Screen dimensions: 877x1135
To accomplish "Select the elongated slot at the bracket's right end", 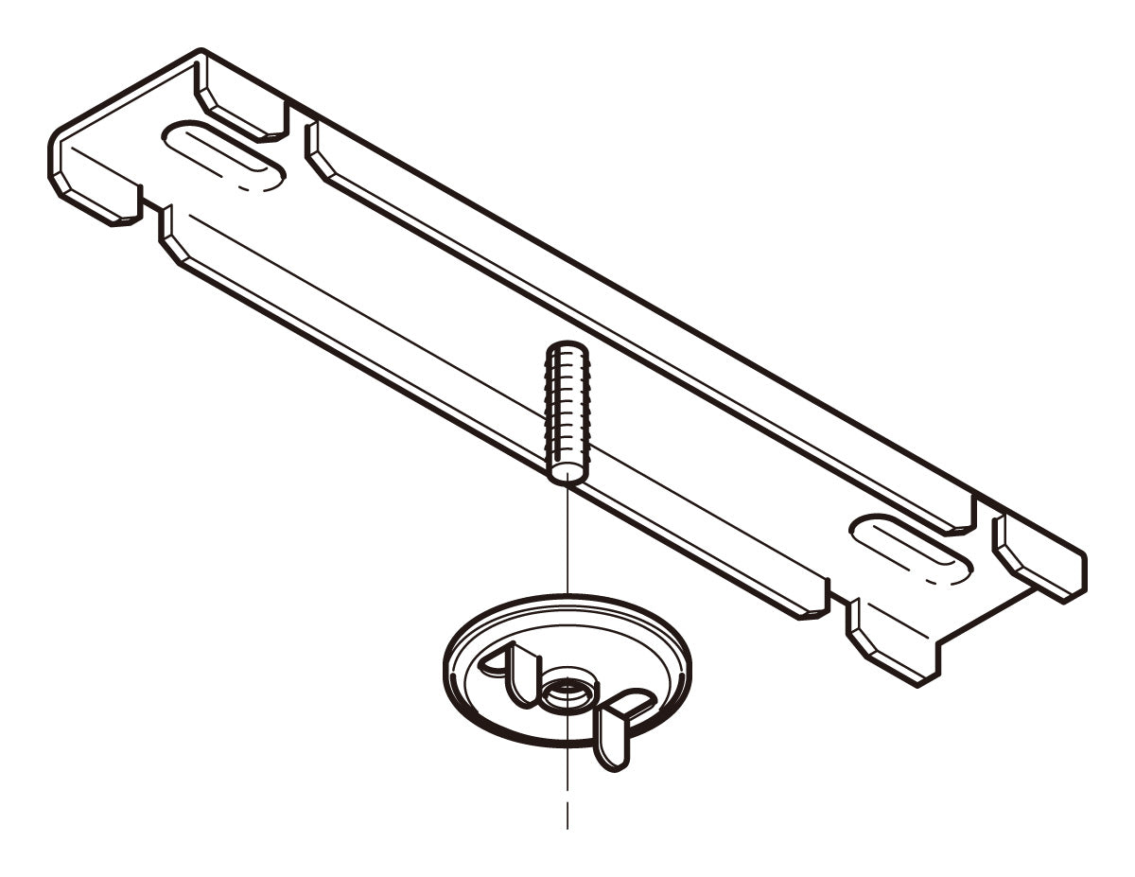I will click(x=910, y=549).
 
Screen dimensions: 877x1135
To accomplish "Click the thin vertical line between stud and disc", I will click(x=567, y=539).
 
